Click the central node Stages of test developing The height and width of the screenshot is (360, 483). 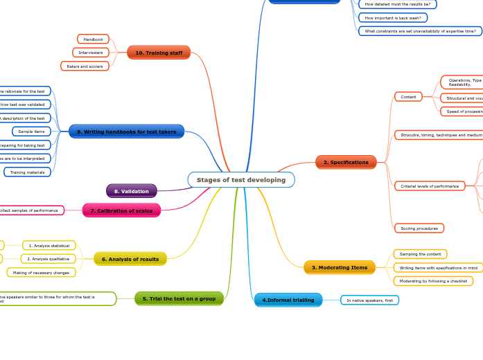tap(241, 180)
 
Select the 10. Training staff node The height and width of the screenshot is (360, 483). tap(159, 53)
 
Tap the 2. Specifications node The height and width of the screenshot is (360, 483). tap(346, 162)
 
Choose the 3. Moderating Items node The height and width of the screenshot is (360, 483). tap(340, 267)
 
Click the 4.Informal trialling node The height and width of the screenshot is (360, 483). tap(288, 300)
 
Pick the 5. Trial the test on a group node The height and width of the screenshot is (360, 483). tap(179, 298)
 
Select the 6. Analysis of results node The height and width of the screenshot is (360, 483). tap(130, 259)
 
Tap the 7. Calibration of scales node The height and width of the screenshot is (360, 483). tap(121, 210)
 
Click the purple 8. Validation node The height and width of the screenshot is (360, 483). tap(132, 191)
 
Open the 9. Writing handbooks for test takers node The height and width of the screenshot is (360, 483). tap(127, 132)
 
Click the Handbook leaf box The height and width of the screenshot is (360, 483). tap(93, 39)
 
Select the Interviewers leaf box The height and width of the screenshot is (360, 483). tap(91, 53)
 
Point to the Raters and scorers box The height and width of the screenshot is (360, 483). tap(85, 66)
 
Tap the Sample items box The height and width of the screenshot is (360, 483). tap(31, 132)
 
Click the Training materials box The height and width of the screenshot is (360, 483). tap(27, 172)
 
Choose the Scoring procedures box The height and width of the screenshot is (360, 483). tap(419, 228)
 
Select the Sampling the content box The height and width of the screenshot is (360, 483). tap(420, 254)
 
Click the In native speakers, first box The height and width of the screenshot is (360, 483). tap(369, 300)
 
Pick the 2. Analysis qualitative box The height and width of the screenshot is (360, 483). tap(49, 259)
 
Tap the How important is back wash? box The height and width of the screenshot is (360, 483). tap(392, 17)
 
